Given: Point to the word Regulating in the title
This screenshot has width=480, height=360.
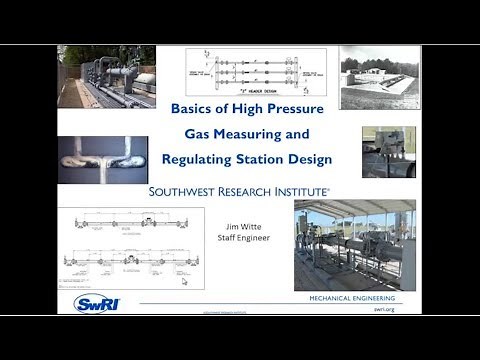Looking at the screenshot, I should coord(209,158).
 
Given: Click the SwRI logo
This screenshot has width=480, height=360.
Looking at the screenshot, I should coord(101,303).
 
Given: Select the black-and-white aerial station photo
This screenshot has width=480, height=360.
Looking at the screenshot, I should coord(380,77).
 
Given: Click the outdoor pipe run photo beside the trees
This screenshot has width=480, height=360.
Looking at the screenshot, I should coord(107,75).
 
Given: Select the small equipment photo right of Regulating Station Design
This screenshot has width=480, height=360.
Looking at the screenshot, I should coord(388,151).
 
